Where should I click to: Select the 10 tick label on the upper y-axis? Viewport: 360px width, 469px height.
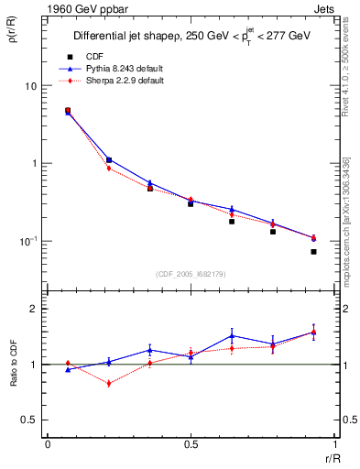click(31, 86)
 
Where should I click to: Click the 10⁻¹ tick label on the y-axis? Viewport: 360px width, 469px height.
click(29, 241)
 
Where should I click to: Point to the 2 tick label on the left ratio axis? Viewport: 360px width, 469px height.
click(35, 309)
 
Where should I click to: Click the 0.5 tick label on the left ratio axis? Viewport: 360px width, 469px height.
click(30, 420)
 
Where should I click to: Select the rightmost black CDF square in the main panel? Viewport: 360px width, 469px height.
click(313, 251)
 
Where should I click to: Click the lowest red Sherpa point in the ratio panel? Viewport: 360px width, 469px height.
click(109, 384)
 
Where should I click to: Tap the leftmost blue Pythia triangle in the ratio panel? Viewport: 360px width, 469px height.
click(68, 369)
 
